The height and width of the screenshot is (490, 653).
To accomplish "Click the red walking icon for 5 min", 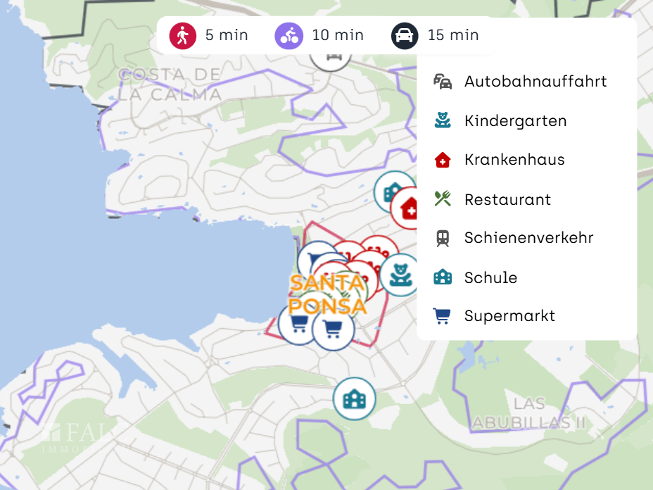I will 183,35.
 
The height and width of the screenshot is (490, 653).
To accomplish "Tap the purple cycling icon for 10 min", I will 289,35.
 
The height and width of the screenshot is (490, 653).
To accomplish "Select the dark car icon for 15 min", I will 405,35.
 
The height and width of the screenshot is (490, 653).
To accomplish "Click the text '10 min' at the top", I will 338,35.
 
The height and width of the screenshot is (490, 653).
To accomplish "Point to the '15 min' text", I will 453,35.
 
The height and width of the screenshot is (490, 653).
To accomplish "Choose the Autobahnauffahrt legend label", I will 535,82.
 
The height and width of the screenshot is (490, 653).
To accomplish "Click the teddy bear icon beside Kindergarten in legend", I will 443,120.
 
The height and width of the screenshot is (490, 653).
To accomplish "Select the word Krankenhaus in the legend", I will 514,160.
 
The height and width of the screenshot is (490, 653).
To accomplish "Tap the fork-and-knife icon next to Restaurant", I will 443,199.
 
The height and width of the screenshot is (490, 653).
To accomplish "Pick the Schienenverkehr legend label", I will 528,238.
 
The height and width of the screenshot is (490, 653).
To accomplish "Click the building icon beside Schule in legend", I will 443,277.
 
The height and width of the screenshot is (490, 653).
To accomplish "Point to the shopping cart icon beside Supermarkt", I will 443,316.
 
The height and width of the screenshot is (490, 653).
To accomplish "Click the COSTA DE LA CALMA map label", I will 170,84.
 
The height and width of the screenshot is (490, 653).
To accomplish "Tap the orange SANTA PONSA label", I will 328,294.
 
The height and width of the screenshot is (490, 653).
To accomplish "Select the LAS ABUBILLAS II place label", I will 529,413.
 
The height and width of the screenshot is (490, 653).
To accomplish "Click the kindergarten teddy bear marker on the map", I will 400,275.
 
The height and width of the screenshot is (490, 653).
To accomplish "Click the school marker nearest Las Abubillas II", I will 355,399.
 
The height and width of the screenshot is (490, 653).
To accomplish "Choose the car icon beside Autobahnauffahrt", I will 443,82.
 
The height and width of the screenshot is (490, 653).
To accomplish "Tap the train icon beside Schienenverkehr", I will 443,238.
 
